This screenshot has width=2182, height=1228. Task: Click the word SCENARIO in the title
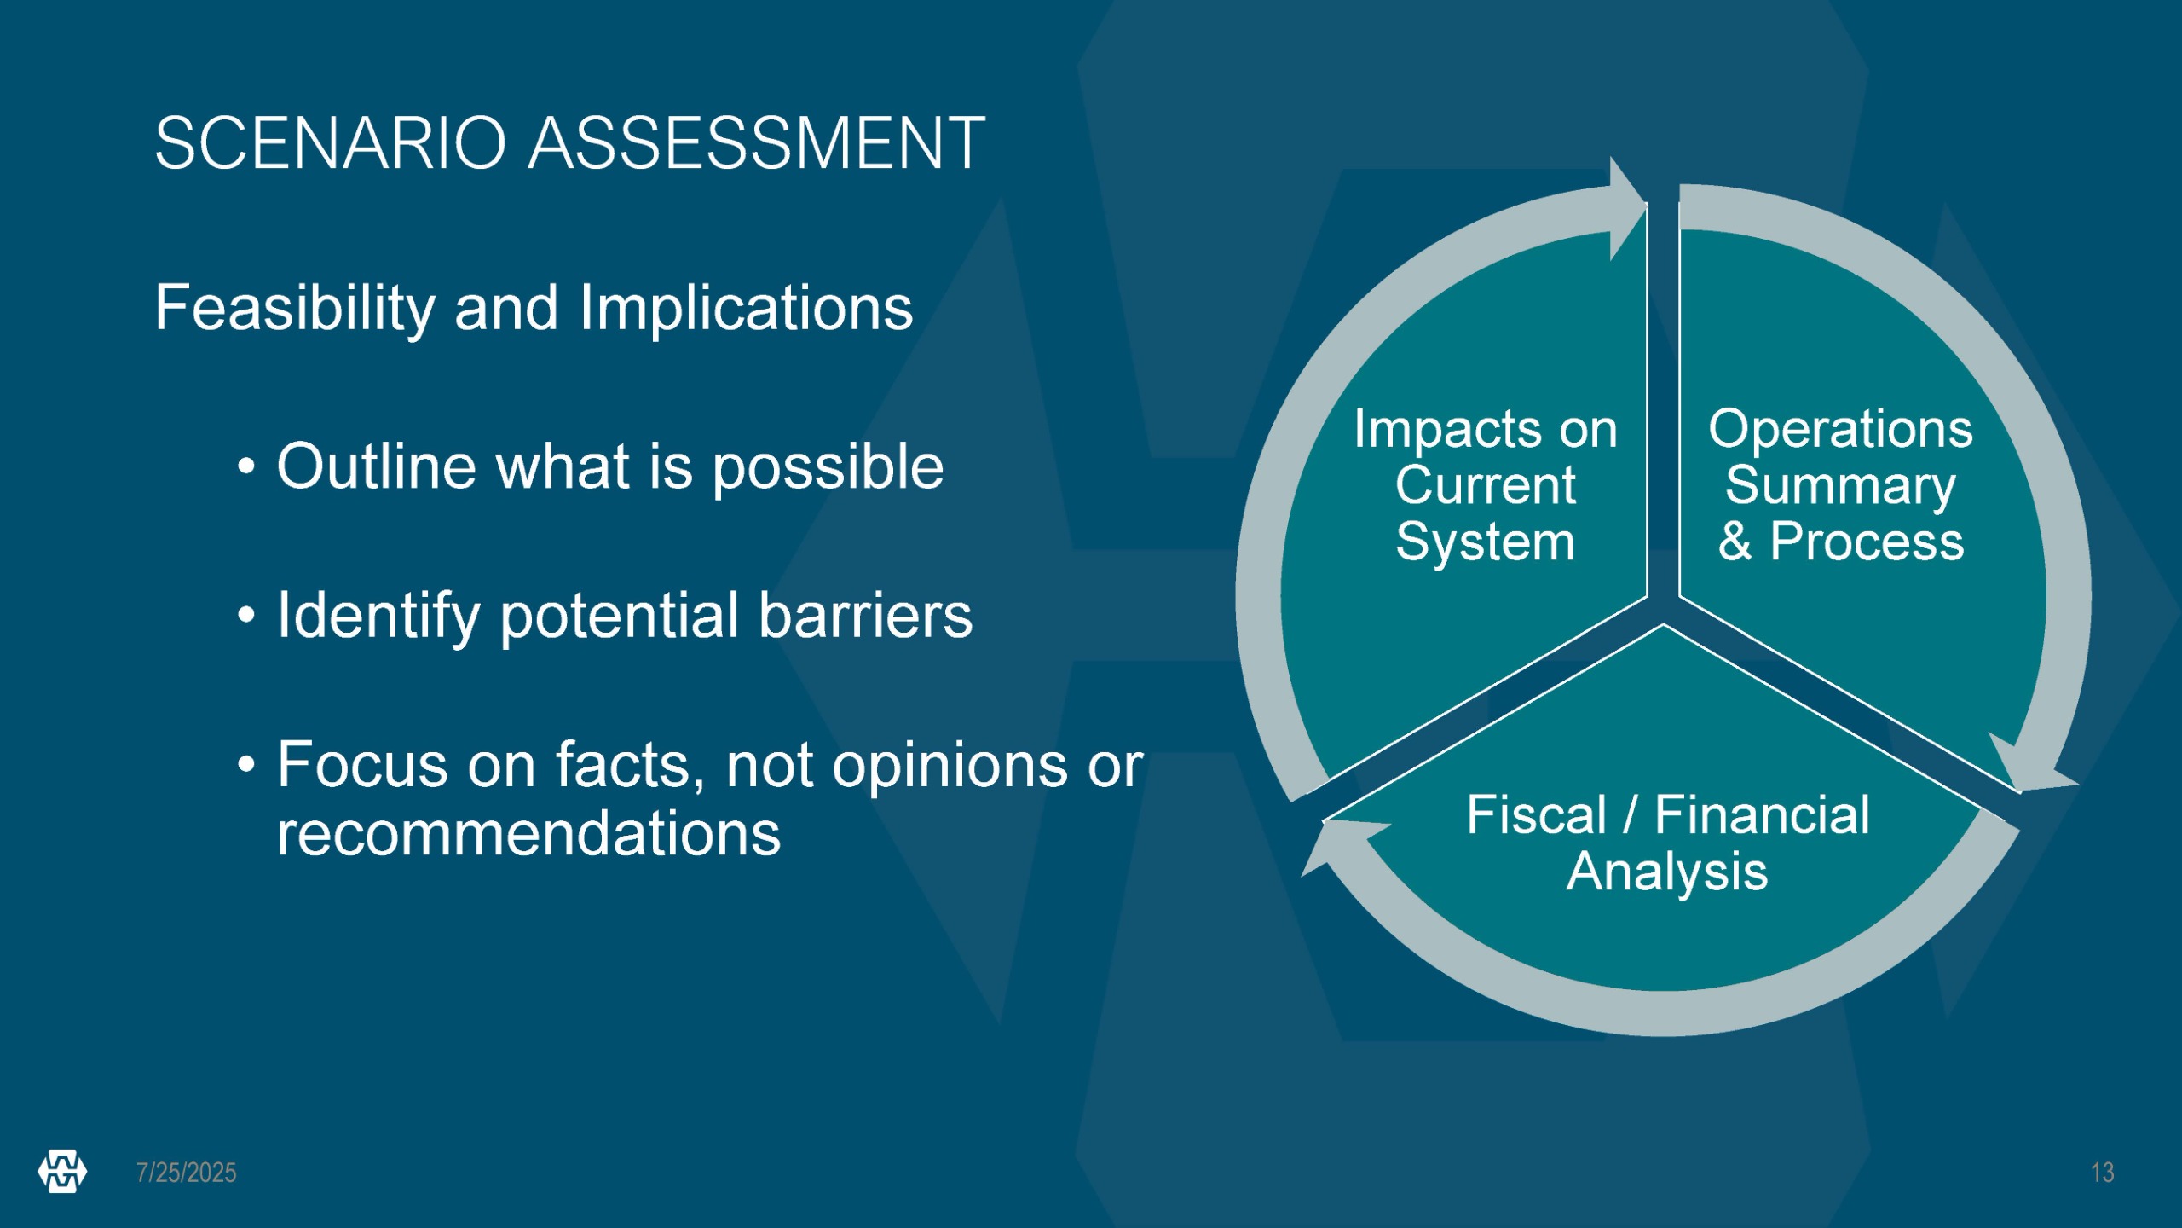[x=332, y=143]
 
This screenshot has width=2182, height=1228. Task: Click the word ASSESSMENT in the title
[x=758, y=143]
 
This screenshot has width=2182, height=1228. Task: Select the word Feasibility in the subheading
[x=295, y=309]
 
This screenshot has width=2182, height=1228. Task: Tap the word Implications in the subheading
[x=747, y=309]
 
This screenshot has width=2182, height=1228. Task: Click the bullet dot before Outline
[x=246, y=467]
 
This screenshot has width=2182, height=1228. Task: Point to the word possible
[x=828, y=469]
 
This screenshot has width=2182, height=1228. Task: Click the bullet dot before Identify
[x=246, y=615]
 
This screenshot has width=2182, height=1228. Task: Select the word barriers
[x=865, y=615]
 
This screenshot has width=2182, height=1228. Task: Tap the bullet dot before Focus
[x=246, y=764]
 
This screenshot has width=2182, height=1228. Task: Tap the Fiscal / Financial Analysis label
[x=1668, y=843]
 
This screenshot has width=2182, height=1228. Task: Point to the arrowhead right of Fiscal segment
[x=2033, y=763]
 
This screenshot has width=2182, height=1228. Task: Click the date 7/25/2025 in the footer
[x=187, y=1173]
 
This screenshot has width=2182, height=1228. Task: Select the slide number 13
[x=2103, y=1173]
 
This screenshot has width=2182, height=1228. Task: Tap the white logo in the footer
[x=62, y=1171]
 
